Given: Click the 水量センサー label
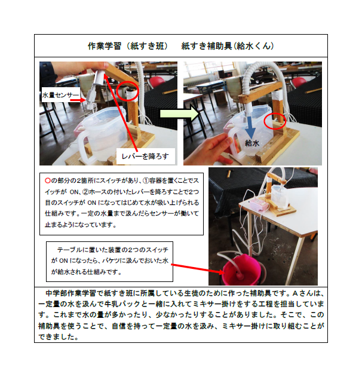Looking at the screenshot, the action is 60,95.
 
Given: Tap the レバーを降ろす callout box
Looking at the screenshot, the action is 146,156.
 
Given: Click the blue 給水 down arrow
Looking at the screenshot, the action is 250,127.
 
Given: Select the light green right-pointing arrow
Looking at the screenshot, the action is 179,114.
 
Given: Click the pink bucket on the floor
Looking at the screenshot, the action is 241,269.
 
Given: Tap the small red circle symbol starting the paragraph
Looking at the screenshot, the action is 48,180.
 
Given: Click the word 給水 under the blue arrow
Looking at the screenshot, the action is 252,143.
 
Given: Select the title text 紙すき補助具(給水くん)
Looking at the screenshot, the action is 228,45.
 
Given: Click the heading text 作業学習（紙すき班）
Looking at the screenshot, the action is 128,46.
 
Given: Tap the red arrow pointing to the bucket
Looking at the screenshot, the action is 198,269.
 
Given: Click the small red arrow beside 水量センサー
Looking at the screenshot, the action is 78,100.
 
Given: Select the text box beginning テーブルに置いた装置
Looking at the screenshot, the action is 109,262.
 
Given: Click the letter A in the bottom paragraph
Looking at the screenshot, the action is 295,293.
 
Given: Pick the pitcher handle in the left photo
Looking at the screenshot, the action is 82,147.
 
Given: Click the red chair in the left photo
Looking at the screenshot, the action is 157,82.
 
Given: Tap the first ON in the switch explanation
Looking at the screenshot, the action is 75,192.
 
